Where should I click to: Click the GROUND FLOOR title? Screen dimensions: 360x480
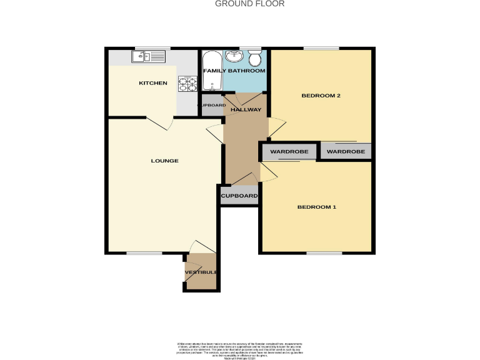tap(250, 4)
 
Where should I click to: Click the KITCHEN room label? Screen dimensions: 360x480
tap(152, 83)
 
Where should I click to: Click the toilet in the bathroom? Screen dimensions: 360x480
tap(254, 59)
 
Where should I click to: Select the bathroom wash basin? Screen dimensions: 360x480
tap(236, 56)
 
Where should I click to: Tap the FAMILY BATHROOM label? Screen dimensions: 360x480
tap(234, 71)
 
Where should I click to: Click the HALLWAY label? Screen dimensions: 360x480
tap(246, 110)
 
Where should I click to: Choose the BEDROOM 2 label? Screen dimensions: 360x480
tap(321, 96)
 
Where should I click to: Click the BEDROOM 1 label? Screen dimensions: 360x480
tap(316, 207)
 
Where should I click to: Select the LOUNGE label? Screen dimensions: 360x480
tap(164, 161)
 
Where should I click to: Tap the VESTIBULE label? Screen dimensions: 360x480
tap(201, 272)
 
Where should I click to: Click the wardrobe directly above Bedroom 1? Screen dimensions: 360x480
tap(290, 152)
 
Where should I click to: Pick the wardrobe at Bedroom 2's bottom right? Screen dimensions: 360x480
tap(346, 151)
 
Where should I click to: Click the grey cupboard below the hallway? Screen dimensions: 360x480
tap(239, 196)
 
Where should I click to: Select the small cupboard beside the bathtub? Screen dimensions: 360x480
tap(211, 105)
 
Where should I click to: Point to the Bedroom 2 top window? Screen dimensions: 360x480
tap(321, 48)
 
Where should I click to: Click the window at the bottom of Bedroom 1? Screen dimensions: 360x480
tap(324, 253)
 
